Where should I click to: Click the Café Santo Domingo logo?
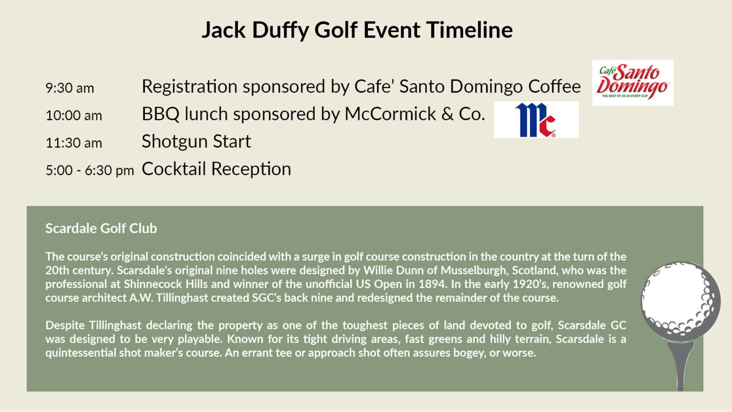coord(633,82)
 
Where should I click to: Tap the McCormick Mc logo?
coord(536,120)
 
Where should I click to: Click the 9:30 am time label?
coord(70,88)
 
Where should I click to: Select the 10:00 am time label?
coord(74,116)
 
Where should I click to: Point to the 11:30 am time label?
coord(74,143)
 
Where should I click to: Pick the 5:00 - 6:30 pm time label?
coord(90,171)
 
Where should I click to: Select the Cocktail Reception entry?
coord(216,169)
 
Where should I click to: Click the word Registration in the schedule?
coord(190,87)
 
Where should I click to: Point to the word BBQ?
coord(161,114)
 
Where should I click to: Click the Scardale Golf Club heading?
coord(102,228)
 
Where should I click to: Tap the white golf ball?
coord(681,301)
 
